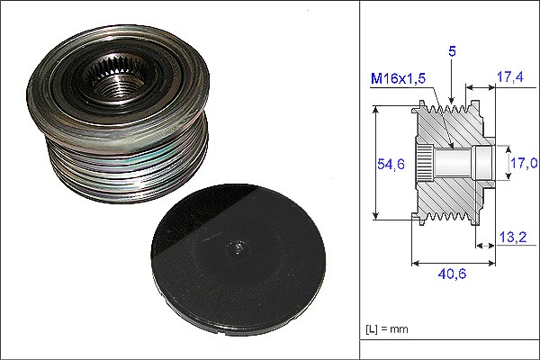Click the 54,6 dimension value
(x=391, y=164)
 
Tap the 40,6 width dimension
(x=452, y=274)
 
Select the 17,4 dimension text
(x=510, y=76)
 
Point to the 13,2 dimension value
(x=513, y=237)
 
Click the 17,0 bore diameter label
(x=524, y=163)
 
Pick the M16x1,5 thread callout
(x=398, y=78)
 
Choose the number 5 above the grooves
(x=452, y=51)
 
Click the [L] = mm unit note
(x=387, y=329)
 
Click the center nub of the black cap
(x=238, y=247)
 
